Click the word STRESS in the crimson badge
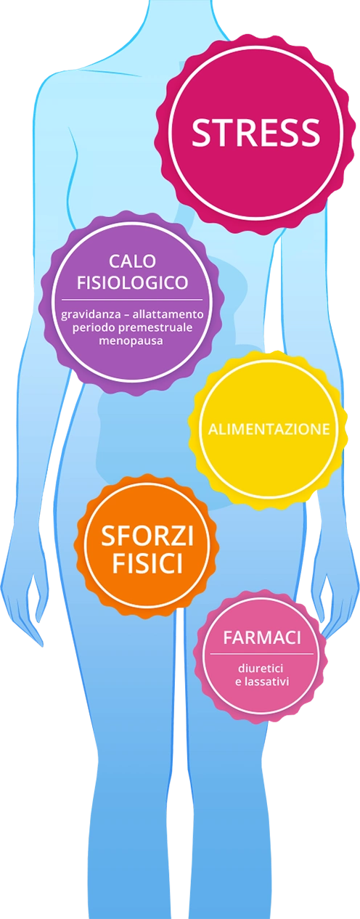256,133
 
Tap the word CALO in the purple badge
132,261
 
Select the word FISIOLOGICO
132,282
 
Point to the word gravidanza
86,315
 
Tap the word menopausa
131,341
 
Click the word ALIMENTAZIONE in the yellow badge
269,429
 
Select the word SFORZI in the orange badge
147,536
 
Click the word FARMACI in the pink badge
262,638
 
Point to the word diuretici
261,669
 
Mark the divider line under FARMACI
261,654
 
